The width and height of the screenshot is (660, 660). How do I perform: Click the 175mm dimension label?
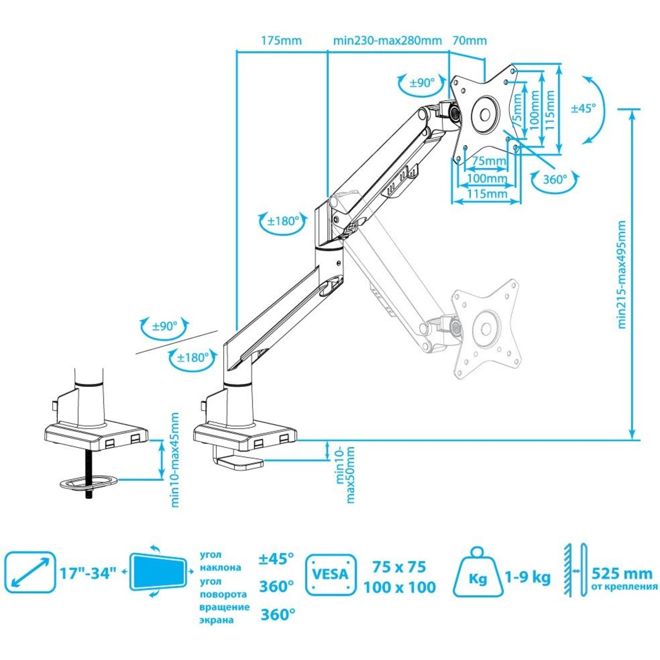coord(281,41)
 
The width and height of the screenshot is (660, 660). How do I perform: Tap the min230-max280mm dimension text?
coord(387,41)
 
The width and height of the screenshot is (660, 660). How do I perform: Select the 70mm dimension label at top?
coord(469,41)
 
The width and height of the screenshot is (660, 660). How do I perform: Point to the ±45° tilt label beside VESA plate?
coord(583,108)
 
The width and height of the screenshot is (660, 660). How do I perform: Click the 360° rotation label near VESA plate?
coord(554,179)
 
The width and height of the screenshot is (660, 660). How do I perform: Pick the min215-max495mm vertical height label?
coord(622,274)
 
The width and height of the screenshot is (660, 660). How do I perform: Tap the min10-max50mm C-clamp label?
coord(345,474)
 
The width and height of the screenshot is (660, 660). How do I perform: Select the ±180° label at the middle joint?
coord(283,222)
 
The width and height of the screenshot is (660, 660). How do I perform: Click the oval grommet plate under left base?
coord(89,483)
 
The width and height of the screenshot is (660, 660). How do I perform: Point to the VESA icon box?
coord(330,575)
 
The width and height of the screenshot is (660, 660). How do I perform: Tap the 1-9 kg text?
coord(527,577)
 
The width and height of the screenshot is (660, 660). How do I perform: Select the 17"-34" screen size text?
coord(88,573)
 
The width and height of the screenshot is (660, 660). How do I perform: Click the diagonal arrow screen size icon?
coord(30,573)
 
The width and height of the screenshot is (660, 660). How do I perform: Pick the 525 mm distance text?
coord(623,574)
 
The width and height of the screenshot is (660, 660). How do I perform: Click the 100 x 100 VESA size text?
coord(399,587)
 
